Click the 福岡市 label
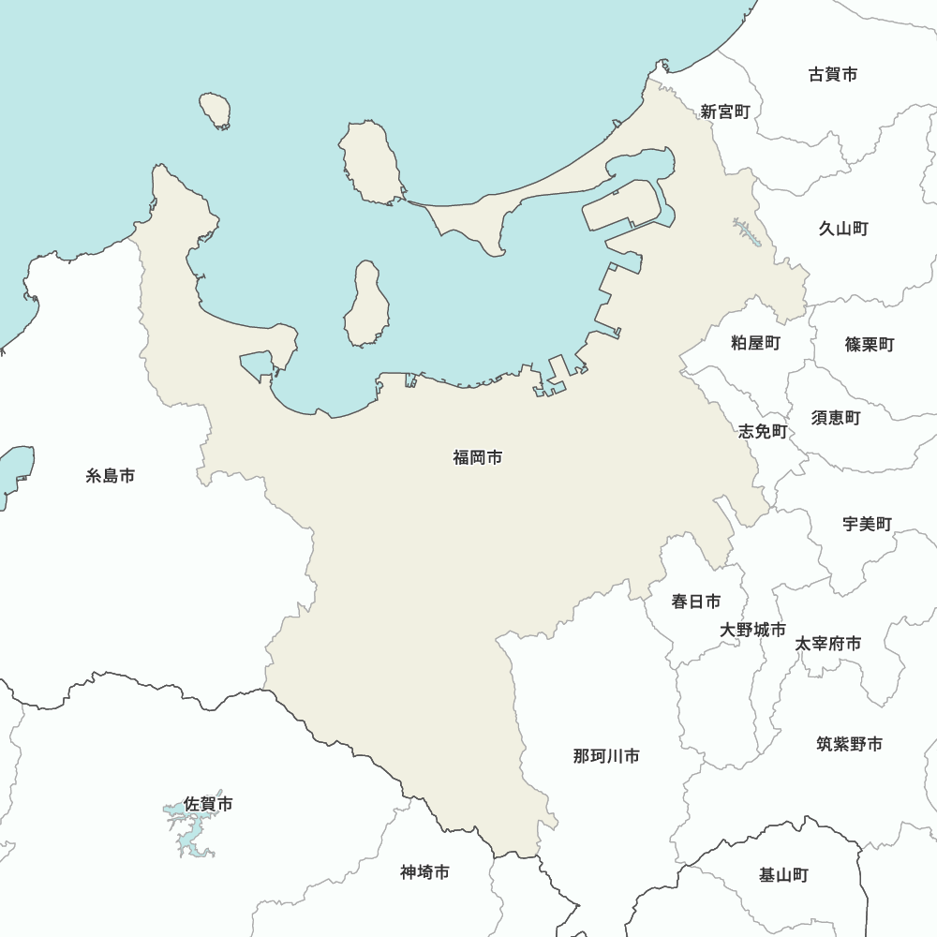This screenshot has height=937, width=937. click(477, 458)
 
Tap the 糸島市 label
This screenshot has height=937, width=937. click(111, 476)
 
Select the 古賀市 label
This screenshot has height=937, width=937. click(832, 74)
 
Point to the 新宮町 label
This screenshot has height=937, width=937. click(725, 112)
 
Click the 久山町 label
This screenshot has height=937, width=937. click(843, 229)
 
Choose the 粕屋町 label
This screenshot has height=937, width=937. click(755, 343)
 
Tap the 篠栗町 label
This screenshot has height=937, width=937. click(869, 345)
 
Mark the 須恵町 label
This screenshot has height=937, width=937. click(835, 418)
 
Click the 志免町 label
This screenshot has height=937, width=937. click(763, 431)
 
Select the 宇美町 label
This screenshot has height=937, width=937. click(867, 524)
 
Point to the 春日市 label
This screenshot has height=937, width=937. click(696, 602)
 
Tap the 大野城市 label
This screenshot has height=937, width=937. click(752, 630)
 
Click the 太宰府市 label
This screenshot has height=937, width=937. click(827, 644)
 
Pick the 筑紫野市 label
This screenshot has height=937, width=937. click(849, 744)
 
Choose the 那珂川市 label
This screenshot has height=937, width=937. click(606, 755)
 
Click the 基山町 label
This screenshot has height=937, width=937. click(783, 875)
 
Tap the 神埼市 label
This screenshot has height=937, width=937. click(424, 872)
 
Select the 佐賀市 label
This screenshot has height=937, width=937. click(208, 804)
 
